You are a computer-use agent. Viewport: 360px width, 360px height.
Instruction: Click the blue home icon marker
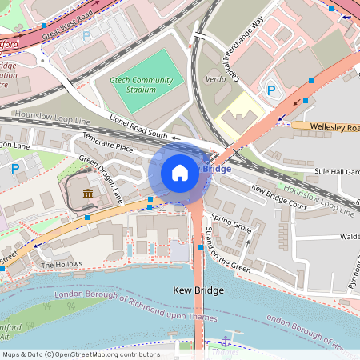[x=180, y=172]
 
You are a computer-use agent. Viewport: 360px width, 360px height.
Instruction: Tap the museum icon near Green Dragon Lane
[x=87, y=194]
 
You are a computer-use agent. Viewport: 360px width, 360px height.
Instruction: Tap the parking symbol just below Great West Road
[x=86, y=36]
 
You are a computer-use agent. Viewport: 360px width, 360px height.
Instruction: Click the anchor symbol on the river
[x=225, y=342]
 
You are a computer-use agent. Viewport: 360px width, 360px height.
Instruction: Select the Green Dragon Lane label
[x=100, y=177]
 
